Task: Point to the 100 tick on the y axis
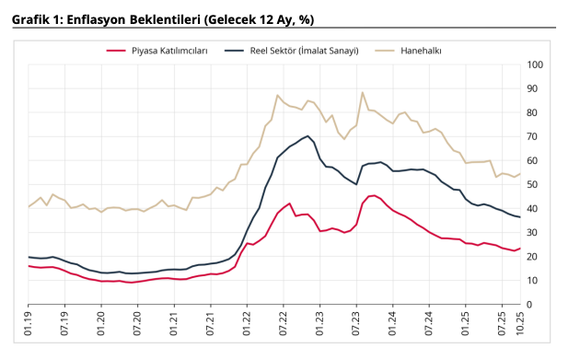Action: coord(535,64)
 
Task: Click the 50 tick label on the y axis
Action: coord(535,184)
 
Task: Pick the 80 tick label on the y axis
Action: coord(535,112)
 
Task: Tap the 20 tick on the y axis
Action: coord(535,256)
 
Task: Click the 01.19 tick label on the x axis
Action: coord(29,323)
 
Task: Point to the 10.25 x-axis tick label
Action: coord(520,323)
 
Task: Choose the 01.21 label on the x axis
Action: coord(174,323)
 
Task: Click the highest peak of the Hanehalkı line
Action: coord(363,92)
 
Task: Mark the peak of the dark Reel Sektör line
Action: coord(308,135)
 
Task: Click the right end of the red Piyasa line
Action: coord(520,249)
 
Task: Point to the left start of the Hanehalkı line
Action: coord(29,206)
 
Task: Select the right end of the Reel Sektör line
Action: coord(520,217)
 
